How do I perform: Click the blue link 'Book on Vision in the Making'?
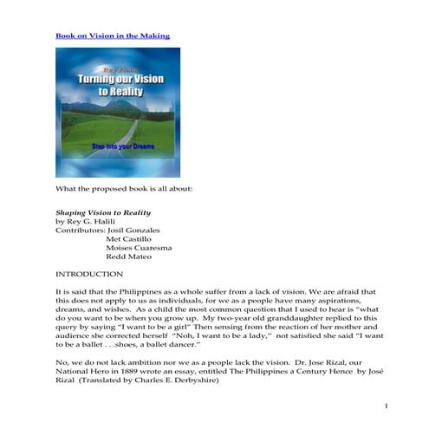(x=112, y=36)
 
